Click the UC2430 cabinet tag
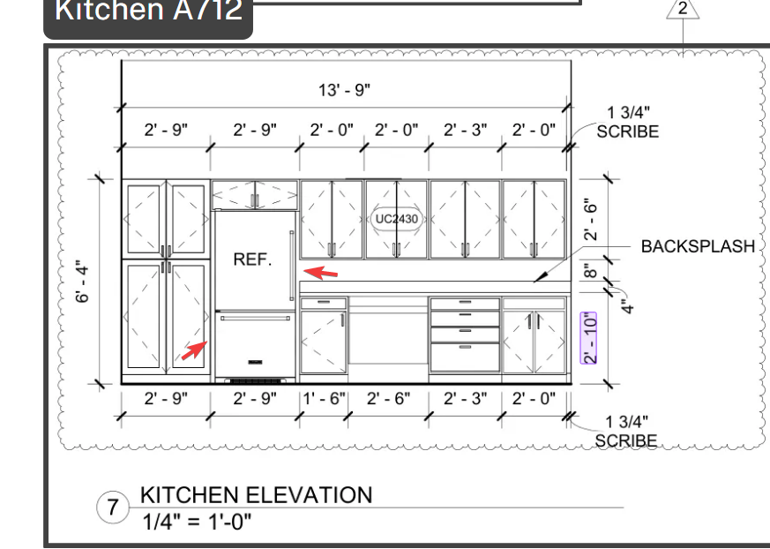point(397,219)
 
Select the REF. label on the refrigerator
point(252,259)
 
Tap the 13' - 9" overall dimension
point(344,90)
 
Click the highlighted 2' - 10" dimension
point(589,338)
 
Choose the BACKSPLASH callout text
point(698,246)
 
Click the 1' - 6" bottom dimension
point(324,398)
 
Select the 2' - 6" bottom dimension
point(388,398)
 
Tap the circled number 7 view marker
point(113,507)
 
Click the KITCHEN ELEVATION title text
point(257,495)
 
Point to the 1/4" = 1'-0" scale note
point(197,521)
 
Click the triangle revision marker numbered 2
point(683,10)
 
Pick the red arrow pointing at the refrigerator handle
point(321,272)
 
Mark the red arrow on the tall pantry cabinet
point(194,350)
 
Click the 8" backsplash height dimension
point(591,271)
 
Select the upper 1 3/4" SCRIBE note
point(628,122)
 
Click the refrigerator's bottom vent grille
point(256,381)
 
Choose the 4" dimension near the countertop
point(626,306)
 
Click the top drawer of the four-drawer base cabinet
point(465,304)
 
